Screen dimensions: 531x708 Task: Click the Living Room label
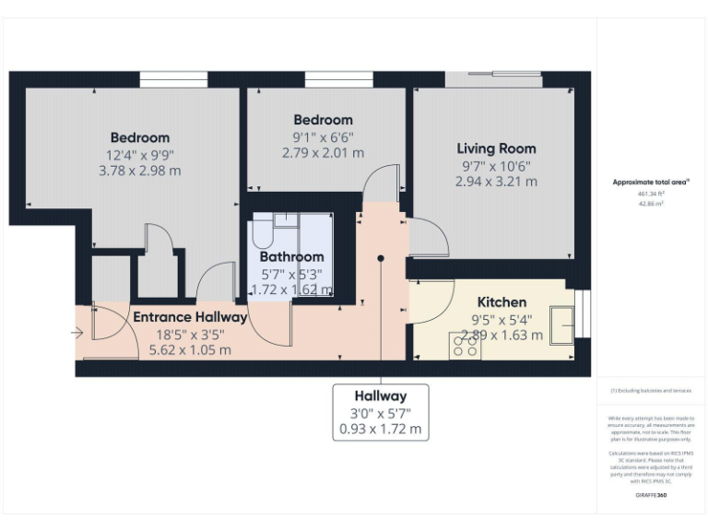click(496, 148)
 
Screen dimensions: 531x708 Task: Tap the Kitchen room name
click(501, 302)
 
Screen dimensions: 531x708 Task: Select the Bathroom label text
click(291, 256)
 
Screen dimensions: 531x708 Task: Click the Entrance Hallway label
click(190, 317)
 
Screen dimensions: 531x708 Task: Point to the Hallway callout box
click(381, 411)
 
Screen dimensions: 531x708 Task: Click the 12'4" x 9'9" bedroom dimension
click(139, 155)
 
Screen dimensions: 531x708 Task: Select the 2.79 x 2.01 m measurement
click(323, 153)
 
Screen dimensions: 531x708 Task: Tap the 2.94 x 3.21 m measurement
click(496, 182)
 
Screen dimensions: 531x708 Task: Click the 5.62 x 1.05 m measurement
click(190, 350)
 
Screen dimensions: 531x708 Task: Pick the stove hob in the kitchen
click(464, 345)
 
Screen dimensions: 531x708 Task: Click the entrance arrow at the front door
click(86, 332)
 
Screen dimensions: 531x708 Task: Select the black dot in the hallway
click(381, 258)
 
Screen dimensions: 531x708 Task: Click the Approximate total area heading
click(651, 183)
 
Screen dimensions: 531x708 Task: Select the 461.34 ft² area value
click(651, 195)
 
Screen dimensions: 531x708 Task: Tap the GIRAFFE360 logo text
click(651, 495)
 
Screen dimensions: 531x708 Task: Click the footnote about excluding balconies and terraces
click(651, 391)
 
